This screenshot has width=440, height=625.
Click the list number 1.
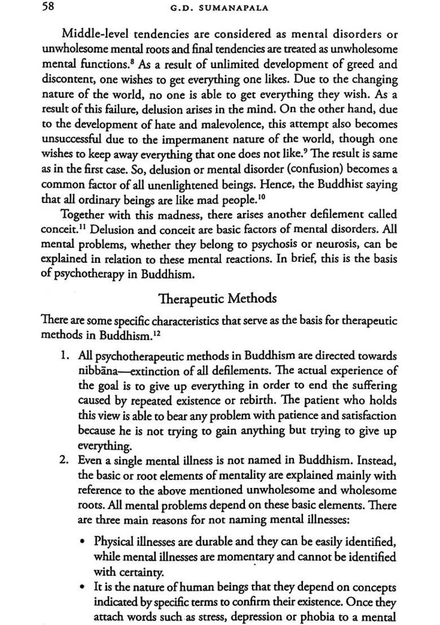point(65,357)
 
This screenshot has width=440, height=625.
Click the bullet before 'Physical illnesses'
point(83,542)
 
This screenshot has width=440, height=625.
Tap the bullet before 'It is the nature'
point(83,588)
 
